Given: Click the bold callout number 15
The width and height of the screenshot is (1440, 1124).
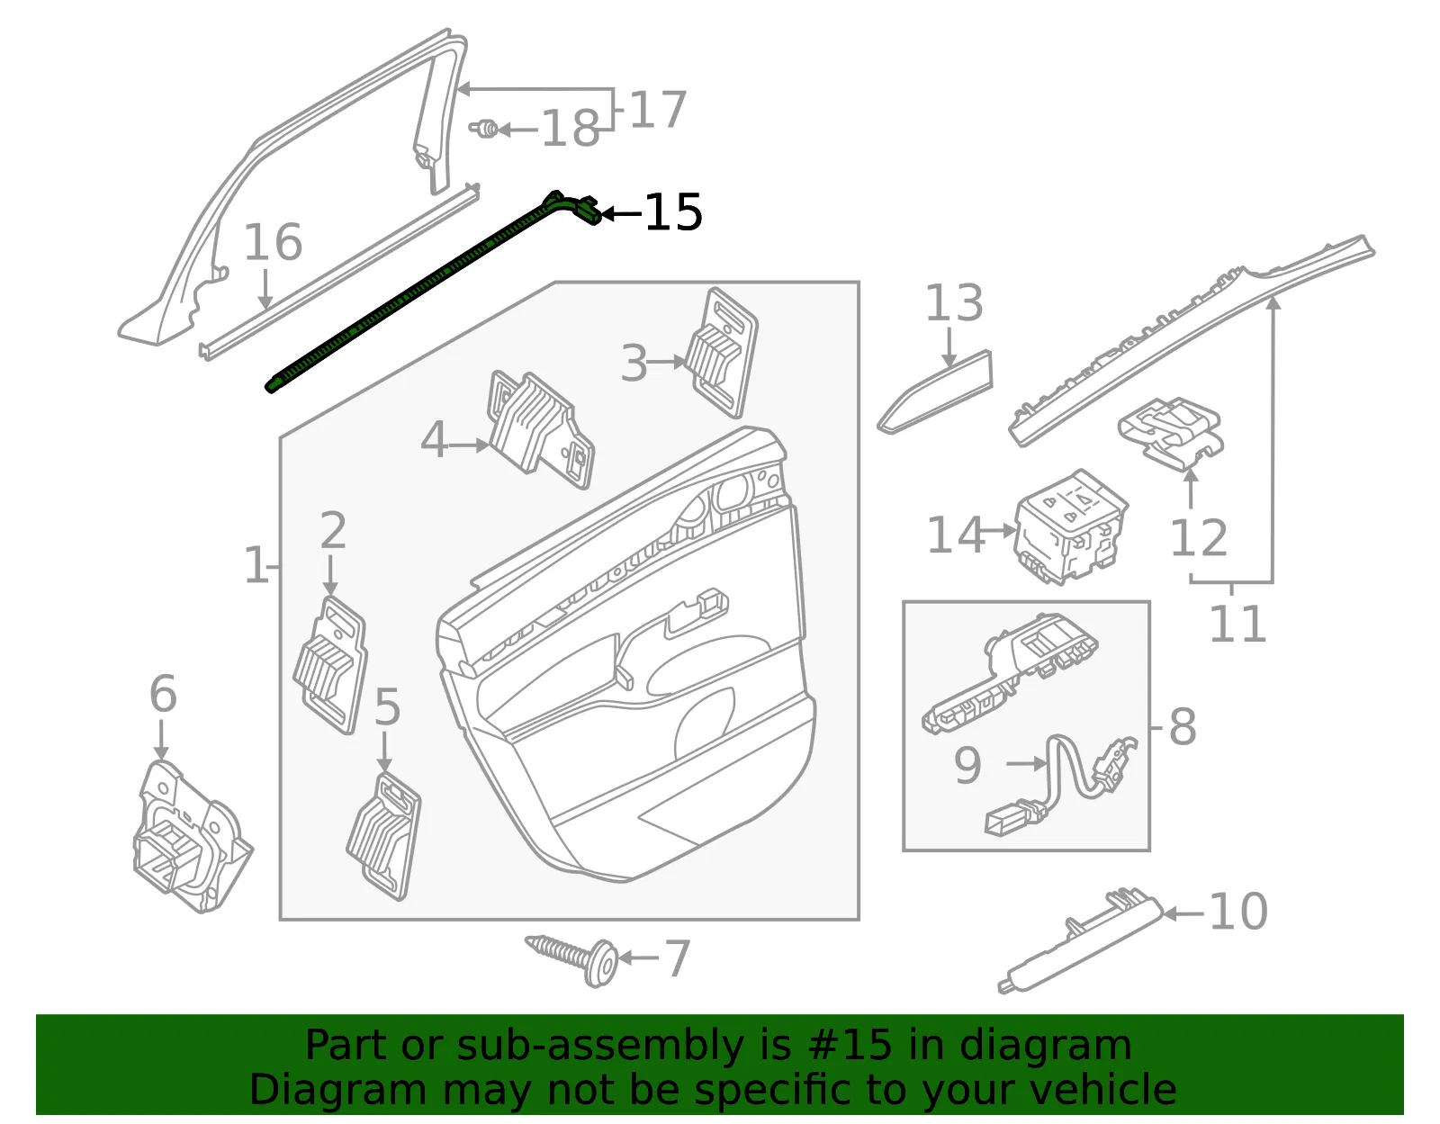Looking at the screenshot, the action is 673,212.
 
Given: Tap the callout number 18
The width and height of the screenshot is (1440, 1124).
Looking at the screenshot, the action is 571,129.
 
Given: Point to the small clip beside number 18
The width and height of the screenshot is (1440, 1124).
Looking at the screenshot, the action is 484,129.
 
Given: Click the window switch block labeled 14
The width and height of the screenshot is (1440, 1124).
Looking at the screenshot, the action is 1069,526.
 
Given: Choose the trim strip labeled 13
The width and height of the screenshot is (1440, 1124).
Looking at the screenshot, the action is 935,392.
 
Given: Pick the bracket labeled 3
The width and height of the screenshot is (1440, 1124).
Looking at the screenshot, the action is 722,353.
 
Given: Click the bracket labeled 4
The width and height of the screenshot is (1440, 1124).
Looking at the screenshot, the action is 540,430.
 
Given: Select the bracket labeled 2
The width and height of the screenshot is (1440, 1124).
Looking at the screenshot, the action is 330,664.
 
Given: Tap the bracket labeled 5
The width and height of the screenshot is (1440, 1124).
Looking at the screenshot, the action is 384,837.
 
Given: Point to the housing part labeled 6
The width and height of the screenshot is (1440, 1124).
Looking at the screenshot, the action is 192,838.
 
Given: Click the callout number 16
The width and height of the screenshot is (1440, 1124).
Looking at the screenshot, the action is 273,242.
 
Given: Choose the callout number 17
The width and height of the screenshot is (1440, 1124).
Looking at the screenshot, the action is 657,109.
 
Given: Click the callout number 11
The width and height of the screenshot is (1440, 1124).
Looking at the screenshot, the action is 1237,624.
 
